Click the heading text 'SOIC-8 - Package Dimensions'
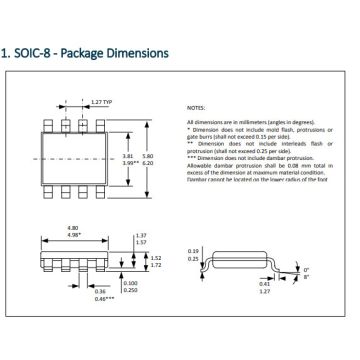pyautogui.click(x=90, y=52)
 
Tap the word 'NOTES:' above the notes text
pyautogui.click(x=197, y=105)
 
